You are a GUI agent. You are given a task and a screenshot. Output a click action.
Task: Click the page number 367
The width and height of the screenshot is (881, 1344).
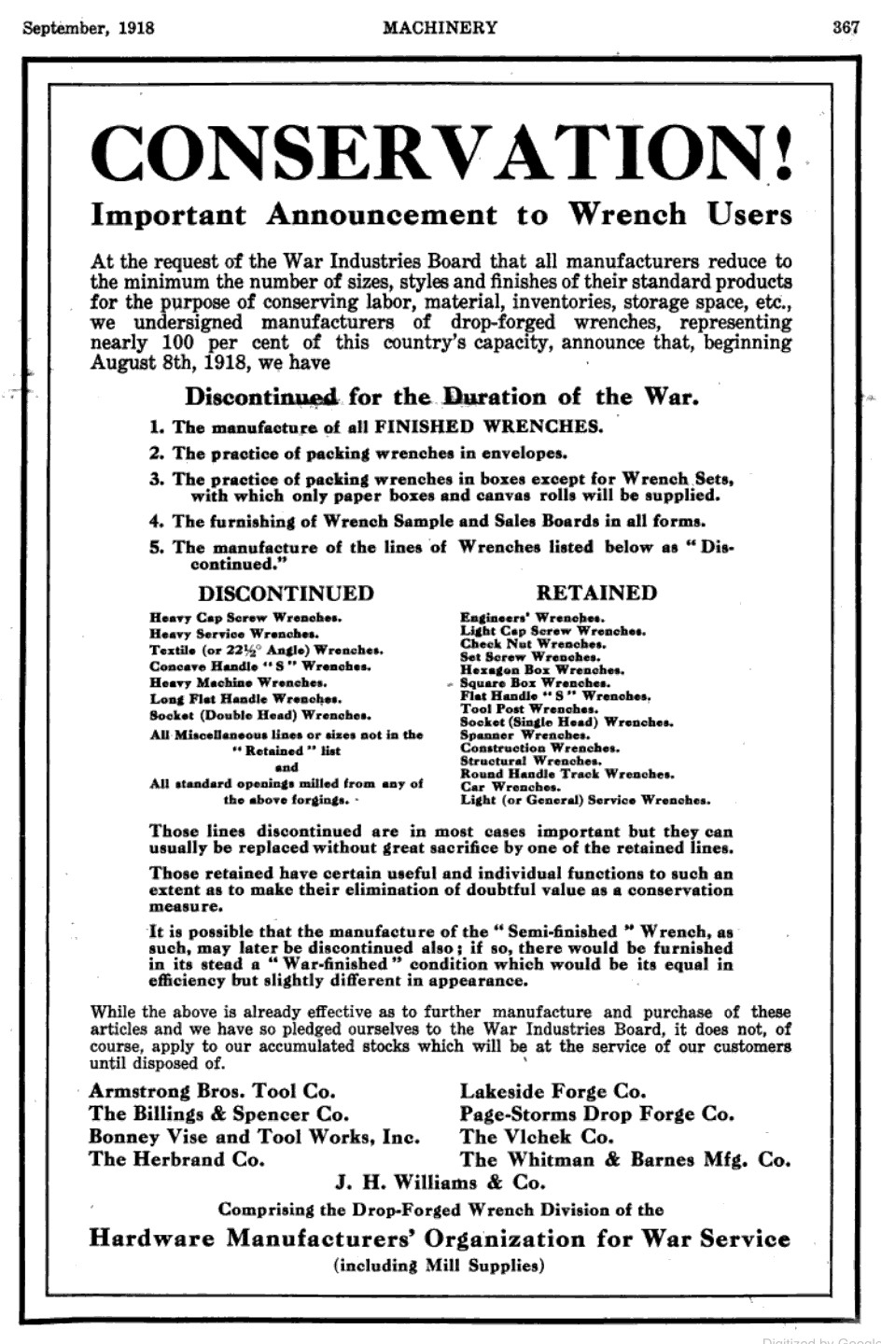tap(846, 27)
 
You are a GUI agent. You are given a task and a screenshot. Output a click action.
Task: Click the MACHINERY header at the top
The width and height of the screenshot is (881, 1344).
tap(440, 27)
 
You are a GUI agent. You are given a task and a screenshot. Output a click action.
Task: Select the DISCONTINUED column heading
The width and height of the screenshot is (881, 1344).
tap(286, 594)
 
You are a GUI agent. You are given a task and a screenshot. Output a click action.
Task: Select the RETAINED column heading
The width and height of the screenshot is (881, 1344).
tap(595, 593)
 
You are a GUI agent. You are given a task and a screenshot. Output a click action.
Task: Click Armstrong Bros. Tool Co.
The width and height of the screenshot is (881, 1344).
tap(212, 1091)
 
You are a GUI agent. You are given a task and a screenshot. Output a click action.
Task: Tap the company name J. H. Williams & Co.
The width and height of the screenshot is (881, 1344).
tap(440, 1183)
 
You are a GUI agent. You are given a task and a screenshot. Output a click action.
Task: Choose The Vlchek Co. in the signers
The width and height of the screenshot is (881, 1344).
tap(537, 1137)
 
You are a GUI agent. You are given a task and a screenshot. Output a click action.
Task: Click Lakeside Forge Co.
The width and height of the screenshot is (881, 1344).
tap(552, 1091)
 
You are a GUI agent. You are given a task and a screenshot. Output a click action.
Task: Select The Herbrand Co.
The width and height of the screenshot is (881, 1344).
tap(176, 1160)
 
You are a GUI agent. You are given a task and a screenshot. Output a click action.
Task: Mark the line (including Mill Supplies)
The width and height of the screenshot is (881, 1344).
tap(439, 1267)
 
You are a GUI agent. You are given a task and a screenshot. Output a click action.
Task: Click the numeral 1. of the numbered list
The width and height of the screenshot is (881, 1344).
tap(157, 427)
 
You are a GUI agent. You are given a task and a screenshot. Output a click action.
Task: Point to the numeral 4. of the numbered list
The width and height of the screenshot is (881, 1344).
tap(157, 521)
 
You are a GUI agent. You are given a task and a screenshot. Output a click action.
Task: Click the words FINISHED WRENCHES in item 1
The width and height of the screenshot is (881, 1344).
tap(489, 427)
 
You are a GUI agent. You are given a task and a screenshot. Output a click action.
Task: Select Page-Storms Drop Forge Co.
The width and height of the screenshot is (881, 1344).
tap(596, 1114)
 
